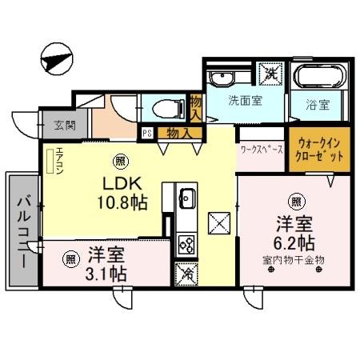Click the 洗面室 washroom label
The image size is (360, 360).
click(243, 102)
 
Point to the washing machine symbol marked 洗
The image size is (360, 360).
click(271, 73)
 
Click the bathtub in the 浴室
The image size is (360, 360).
click(319, 79)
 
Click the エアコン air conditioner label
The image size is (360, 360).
click(57, 162)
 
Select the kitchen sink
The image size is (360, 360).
click(187, 198)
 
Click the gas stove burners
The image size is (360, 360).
click(186, 242)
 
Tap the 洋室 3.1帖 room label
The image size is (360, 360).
click(106, 264)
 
